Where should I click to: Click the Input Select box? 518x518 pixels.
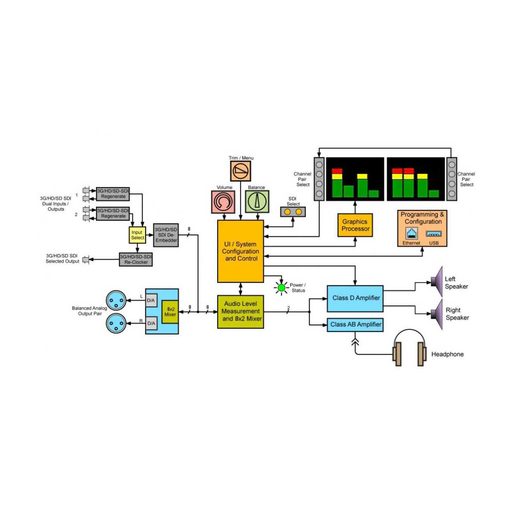point(137,235)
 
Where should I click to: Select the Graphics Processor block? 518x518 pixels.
point(355,225)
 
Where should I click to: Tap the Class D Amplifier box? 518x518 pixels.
point(355,298)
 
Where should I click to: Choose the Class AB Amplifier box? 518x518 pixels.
point(355,325)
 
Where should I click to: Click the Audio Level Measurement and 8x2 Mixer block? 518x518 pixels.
point(240,312)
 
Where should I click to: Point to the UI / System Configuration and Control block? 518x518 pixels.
point(240,251)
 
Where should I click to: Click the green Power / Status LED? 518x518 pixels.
point(281,288)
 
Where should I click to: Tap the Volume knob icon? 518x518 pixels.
point(223,202)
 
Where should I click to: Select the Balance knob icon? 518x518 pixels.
point(257,202)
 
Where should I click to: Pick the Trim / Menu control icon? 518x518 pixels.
point(240,171)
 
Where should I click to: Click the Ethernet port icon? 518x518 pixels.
point(411,233)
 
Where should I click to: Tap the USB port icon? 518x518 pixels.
point(433,234)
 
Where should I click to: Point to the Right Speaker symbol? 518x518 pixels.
point(437,314)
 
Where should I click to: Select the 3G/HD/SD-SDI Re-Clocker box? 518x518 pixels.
point(136,259)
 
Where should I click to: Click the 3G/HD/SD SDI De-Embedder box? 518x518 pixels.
point(166,235)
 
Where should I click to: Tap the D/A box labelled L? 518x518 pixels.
point(151,300)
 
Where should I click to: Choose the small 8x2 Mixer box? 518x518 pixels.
point(170,312)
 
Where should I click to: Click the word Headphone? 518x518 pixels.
point(447,354)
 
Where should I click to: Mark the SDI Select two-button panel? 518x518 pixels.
point(293,212)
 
